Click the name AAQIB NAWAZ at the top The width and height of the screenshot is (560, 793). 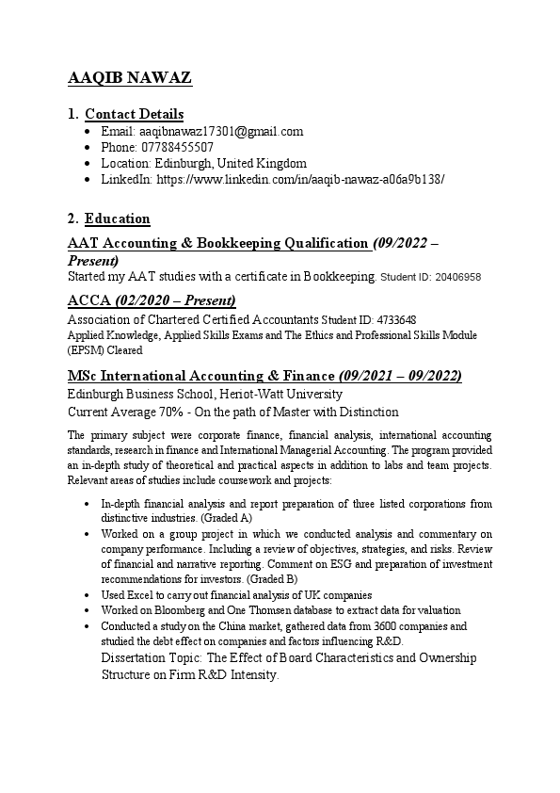pyautogui.click(x=130, y=78)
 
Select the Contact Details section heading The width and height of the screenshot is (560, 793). pyautogui.click(x=134, y=114)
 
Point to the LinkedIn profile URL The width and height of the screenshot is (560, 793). pyautogui.click(x=300, y=179)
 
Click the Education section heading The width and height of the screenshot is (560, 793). pyautogui.click(x=117, y=218)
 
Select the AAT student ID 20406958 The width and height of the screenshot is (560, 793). pyautogui.click(x=456, y=278)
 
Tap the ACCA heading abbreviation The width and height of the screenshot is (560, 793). pyautogui.click(x=89, y=300)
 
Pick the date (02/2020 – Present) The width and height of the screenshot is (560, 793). pyautogui.click(x=175, y=300)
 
